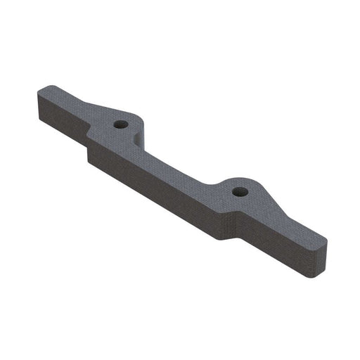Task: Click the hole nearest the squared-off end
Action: (121, 124)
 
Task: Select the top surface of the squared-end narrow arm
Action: (67, 105)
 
